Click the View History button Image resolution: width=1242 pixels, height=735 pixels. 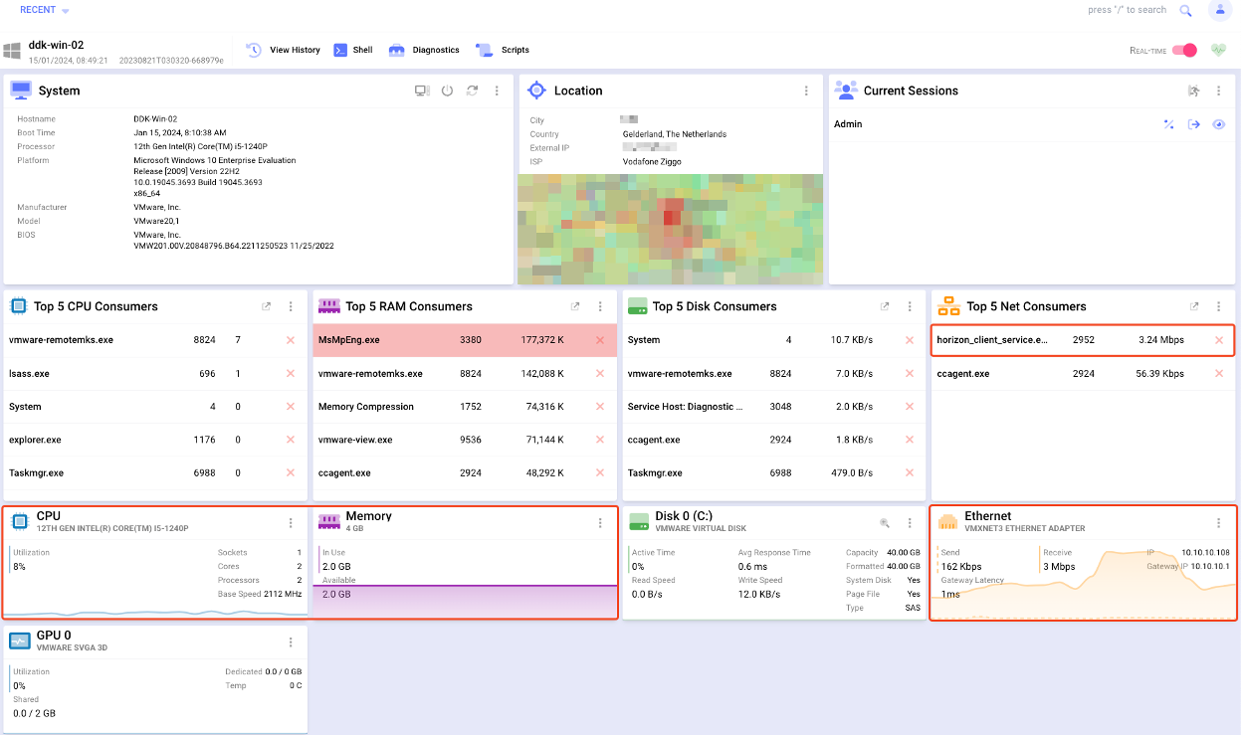284,50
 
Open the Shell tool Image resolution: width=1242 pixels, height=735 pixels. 353,50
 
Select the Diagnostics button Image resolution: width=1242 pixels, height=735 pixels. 425,50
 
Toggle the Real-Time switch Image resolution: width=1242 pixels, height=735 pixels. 1184,50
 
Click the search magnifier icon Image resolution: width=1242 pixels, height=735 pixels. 1185,11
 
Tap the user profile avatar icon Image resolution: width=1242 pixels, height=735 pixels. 1219,10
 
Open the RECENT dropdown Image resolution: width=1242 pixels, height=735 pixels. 45,10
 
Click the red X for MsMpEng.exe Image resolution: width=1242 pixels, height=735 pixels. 599,340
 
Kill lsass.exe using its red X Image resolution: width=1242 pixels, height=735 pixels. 291,374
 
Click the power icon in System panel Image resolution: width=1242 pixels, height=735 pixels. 447,91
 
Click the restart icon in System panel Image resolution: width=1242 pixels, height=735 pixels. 472,91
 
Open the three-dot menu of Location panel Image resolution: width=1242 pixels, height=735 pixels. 806,91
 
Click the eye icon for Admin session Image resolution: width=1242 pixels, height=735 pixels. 1218,124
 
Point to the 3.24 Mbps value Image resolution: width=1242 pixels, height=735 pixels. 1161,340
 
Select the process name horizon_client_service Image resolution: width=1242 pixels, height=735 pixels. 992,340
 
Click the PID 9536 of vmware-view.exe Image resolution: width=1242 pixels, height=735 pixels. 470,440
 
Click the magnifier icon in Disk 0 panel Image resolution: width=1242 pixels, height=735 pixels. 884,523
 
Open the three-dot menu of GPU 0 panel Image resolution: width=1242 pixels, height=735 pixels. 291,643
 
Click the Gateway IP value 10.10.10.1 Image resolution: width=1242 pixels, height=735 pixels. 1205,566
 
